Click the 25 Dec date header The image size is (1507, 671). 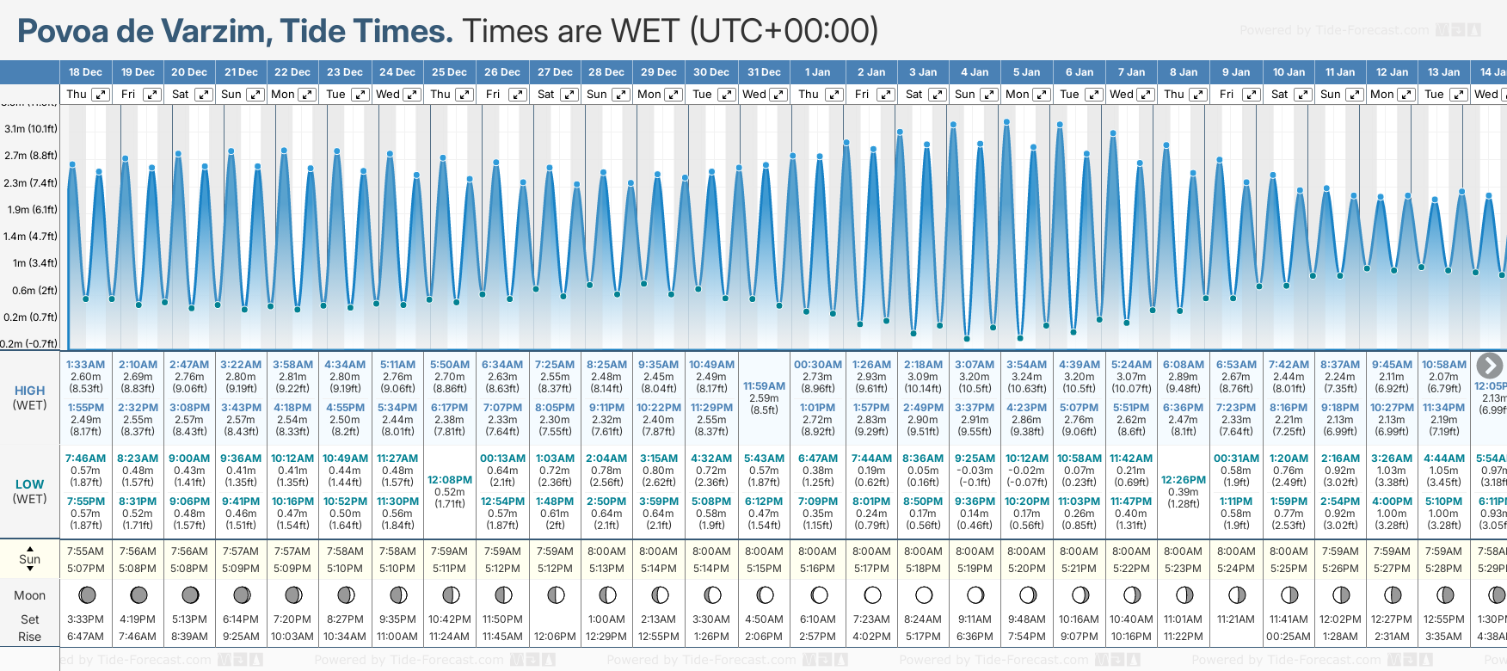(449, 72)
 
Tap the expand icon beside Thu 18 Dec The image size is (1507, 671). (101, 95)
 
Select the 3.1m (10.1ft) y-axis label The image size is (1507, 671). (31, 129)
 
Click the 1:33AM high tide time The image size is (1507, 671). (85, 365)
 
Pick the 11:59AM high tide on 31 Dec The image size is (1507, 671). (764, 386)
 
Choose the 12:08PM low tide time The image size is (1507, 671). (450, 480)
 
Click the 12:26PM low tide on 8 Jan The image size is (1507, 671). (1184, 480)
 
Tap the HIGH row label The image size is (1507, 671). (29, 391)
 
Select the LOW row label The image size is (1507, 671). (29, 484)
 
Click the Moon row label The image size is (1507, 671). (29, 595)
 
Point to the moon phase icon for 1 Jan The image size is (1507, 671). (819, 594)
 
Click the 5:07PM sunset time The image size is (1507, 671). (85, 569)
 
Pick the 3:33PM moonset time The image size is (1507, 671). (85, 619)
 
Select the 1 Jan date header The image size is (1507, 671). (817, 72)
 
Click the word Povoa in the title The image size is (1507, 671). (63, 32)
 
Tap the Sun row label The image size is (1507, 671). (29, 559)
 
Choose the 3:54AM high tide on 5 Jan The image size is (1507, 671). (1027, 365)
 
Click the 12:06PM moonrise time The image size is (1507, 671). (555, 637)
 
